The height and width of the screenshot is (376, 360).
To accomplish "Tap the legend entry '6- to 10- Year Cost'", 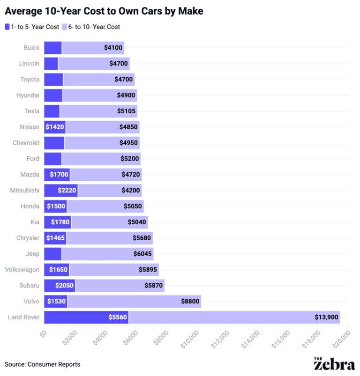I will [94, 27].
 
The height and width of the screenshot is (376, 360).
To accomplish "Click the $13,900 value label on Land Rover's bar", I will [326, 317].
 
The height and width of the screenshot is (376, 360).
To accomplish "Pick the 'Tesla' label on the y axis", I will [32, 111].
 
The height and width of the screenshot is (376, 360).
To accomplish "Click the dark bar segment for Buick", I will [52, 47].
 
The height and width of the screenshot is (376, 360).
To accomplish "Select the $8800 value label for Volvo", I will [190, 301].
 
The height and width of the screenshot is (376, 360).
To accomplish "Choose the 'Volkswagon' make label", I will [22, 269].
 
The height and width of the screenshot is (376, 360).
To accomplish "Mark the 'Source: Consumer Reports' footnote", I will [43, 364].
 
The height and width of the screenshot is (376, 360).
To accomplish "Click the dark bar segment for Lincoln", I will [51, 63].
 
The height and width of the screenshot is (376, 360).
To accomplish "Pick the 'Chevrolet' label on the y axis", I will [27, 143].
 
